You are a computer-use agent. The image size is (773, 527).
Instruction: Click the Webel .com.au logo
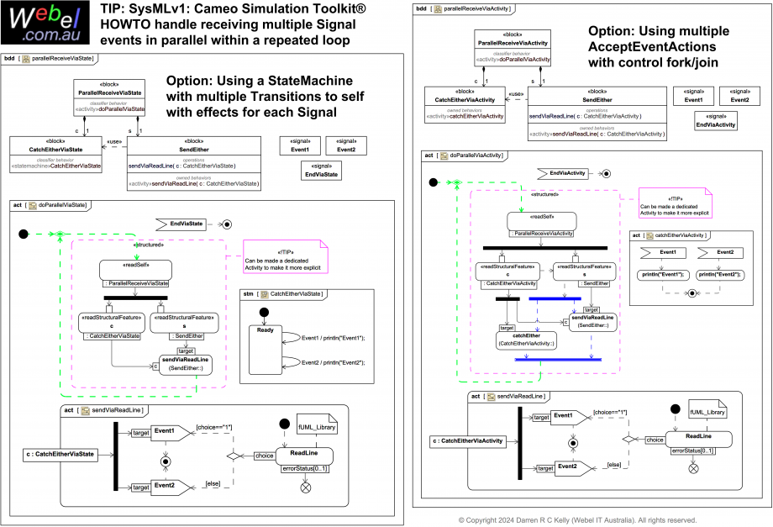click(45, 23)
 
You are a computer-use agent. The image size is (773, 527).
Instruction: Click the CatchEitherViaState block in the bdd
click(55, 154)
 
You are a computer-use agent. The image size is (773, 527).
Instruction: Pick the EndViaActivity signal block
click(715, 121)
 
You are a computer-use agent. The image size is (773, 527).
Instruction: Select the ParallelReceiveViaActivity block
click(513, 47)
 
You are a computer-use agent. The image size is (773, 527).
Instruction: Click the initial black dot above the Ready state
click(264, 313)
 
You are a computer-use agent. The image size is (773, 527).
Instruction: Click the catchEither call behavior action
click(526, 340)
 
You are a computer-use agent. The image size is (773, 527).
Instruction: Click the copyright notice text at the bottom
click(577, 520)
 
